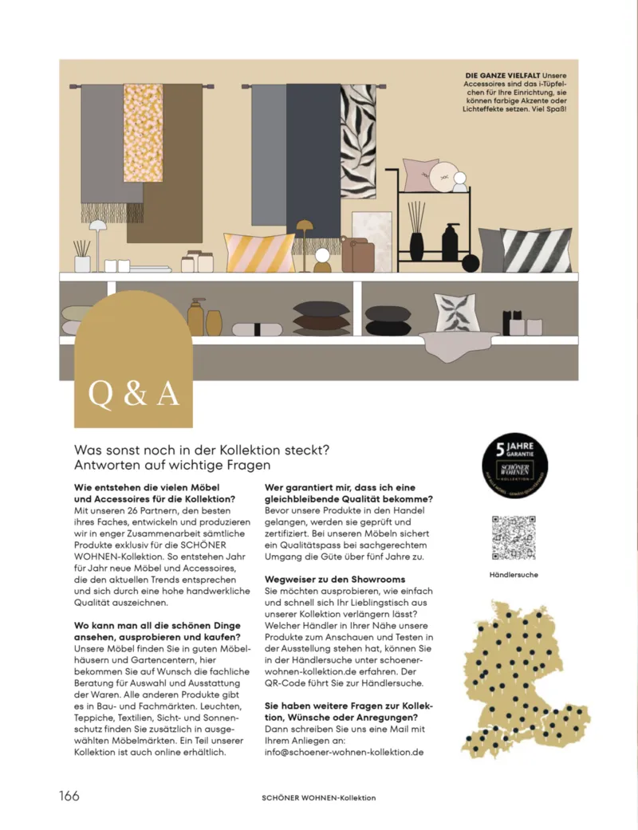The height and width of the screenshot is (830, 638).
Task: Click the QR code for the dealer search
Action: pyautogui.click(x=513, y=538)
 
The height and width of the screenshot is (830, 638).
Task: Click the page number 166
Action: pyautogui.click(x=69, y=796)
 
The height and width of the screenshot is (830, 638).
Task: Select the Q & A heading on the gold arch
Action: pyautogui.click(x=133, y=394)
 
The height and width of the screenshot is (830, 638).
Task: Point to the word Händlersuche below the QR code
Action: pyautogui.click(x=513, y=574)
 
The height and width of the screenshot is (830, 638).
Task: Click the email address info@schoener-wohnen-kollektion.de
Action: pyautogui.click(x=343, y=753)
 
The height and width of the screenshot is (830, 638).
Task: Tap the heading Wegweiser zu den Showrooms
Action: pyautogui.click(x=335, y=578)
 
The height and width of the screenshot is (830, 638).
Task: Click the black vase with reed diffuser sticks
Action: pyautogui.click(x=417, y=233)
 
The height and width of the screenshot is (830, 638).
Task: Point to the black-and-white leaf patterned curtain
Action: pyautogui.click(x=358, y=141)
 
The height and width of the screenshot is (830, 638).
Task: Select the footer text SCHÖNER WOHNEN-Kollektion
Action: pyautogui.click(x=318, y=797)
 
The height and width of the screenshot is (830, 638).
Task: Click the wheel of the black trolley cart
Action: pyautogui.click(x=471, y=262)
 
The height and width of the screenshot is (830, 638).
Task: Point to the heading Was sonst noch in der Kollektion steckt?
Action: pyautogui.click(x=203, y=450)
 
